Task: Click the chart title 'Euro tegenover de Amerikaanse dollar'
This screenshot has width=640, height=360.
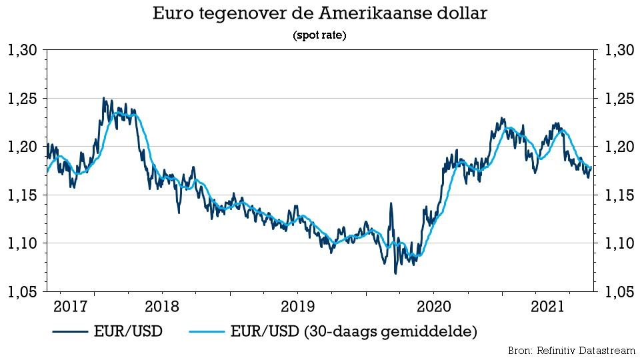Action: point(319,13)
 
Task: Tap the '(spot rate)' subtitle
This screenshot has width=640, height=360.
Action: point(319,36)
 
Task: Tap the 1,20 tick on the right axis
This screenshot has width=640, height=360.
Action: point(617,147)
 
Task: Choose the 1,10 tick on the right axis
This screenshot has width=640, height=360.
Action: point(617,243)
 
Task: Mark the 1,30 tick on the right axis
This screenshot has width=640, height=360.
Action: point(617,50)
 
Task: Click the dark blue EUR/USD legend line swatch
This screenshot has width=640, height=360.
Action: point(71,331)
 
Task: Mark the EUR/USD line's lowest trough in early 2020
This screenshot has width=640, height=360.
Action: point(395,273)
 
